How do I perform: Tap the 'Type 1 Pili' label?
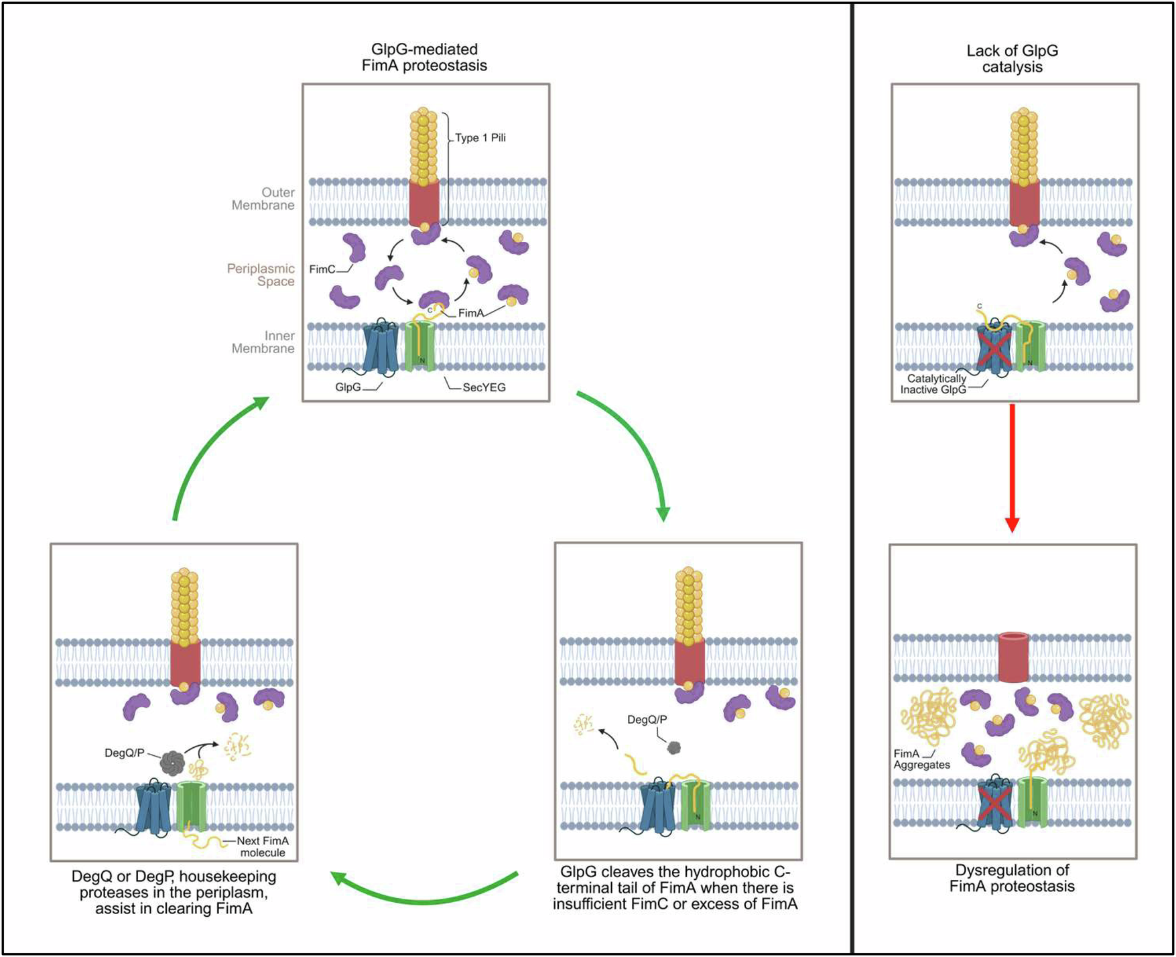[x=480, y=138]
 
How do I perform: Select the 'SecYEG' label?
[x=484, y=387]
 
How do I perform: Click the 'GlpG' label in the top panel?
[x=348, y=387]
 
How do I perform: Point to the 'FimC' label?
[x=322, y=269]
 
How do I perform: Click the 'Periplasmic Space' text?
[x=261, y=275]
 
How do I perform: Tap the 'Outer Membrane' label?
[x=263, y=199]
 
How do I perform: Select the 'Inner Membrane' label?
[x=263, y=342]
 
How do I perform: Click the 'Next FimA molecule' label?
[x=263, y=846]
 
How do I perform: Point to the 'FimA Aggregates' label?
[x=921, y=759]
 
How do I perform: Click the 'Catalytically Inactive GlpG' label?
[x=935, y=384]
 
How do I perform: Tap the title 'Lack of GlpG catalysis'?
[x=1012, y=59]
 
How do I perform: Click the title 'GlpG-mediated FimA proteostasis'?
[x=424, y=58]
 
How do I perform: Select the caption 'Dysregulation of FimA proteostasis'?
[x=1012, y=878]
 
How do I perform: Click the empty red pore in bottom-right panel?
[x=1013, y=657]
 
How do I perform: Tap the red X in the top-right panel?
[x=994, y=348]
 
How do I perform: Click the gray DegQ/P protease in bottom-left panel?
[x=172, y=762]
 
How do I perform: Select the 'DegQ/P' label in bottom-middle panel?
[x=647, y=720]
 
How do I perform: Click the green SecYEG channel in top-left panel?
[x=420, y=346]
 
